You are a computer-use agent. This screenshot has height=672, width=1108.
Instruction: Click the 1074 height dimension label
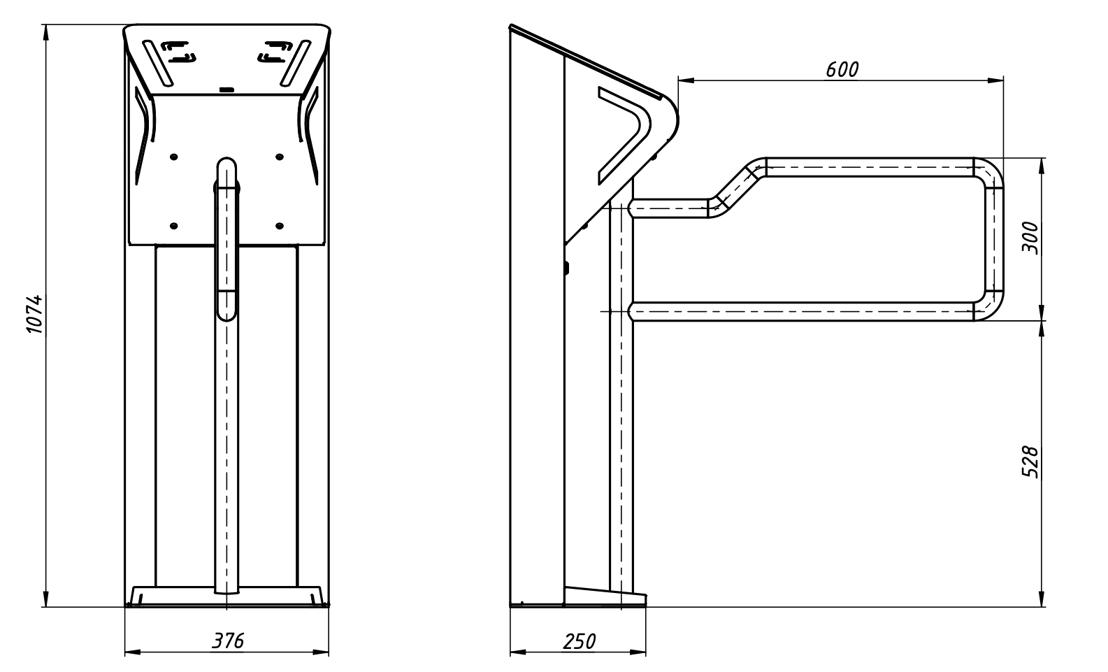(x=36, y=315)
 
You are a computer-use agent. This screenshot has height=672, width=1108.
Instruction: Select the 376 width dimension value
(x=228, y=641)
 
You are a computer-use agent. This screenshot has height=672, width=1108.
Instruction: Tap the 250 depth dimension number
(x=578, y=641)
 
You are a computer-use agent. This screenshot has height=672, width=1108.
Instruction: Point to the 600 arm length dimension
(x=841, y=69)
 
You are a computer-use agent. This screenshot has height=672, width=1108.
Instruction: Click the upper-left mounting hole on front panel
(x=174, y=157)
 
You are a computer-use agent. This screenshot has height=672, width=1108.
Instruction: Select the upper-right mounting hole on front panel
(x=279, y=157)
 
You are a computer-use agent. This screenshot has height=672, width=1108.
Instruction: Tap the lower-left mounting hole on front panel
(x=174, y=226)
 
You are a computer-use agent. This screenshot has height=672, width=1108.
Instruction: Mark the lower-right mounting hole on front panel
(x=279, y=226)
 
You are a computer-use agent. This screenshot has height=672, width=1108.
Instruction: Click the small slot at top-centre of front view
(x=226, y=90)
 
